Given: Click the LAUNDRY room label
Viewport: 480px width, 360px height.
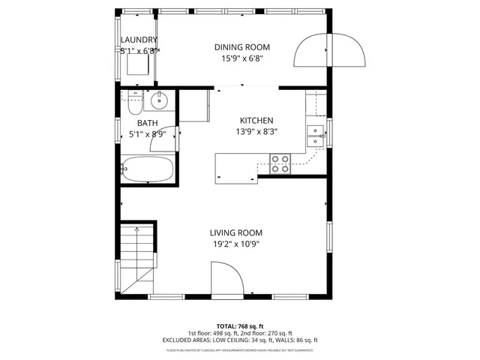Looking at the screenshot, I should click(x=139, y=40).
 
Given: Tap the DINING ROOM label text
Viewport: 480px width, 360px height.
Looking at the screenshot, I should click(x=241, y=47).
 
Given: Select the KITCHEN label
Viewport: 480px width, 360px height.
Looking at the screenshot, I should click(x=256, y=121).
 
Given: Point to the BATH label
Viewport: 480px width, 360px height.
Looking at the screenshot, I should click(x=147, y=124).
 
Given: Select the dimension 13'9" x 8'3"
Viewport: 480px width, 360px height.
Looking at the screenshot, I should click(x=256, y=132).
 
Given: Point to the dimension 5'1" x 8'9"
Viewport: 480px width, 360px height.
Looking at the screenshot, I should click(x=147, y=135).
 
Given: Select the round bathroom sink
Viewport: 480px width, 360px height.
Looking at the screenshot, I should click(x=159, y=100).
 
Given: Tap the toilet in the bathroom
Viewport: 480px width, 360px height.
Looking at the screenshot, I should click(x=132, y=100).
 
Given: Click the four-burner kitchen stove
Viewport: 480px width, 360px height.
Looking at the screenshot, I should click(x=280, y=163).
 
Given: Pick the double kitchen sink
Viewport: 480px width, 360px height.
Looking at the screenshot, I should click(x=316, y=136).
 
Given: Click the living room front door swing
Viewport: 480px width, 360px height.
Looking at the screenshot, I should click(x=226, y=279).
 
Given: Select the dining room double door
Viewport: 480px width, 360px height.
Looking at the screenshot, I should click(x=330, y=51).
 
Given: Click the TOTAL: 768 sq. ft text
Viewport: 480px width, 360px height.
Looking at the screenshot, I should click(x=239, y=326).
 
